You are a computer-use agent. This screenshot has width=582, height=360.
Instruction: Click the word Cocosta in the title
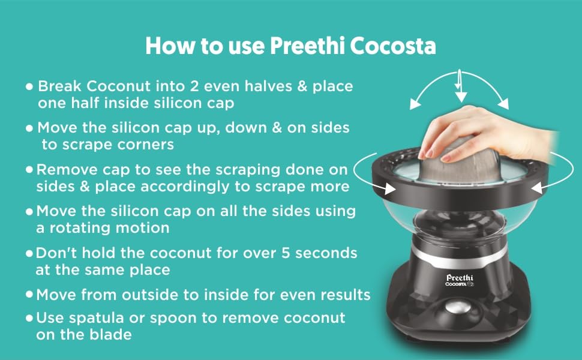[x=393, y=46]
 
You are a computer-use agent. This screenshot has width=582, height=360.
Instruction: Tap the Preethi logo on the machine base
[x=460, y=278]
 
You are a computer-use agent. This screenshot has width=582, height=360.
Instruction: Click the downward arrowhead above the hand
[x=461, y=97]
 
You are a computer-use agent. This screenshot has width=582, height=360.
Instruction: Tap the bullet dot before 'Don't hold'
[x=29, y=254]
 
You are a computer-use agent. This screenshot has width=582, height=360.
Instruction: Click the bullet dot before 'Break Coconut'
[x=29, y=87]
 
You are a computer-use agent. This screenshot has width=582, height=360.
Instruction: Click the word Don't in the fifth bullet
[x=56, y=253]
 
